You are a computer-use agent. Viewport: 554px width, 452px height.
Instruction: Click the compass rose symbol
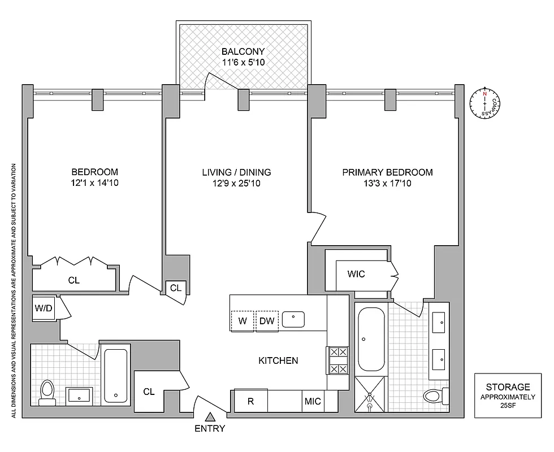[x=484, y=103]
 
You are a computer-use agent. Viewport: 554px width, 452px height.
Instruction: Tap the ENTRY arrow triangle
[x=210, y=418]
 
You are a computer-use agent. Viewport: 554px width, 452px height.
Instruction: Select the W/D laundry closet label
[x=43, y=308]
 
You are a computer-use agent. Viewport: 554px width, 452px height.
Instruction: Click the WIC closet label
[x=356, y=274]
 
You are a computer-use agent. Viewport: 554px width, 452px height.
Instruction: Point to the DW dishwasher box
[x=267, y=321]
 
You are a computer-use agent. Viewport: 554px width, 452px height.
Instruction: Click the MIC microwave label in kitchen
[x=313, y=401]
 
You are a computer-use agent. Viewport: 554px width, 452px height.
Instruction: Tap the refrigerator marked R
[x=250, y=401]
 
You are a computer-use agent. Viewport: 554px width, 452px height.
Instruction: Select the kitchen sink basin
[x=293, y=319]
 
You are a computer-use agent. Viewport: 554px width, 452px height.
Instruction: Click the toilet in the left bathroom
[x=47, y=392]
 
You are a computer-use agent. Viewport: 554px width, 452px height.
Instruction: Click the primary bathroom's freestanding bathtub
[x=371, y=338]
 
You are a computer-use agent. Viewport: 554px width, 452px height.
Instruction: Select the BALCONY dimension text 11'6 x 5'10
[x=243, y=63]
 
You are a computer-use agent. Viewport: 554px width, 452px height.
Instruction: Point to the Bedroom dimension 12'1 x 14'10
[x=94, y=182]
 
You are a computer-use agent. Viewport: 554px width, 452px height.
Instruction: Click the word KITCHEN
[x=278, y=360]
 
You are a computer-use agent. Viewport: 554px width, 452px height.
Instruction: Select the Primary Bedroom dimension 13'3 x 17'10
[x=388, y=182]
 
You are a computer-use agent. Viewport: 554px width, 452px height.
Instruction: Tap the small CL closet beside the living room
[x=176, y=288]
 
